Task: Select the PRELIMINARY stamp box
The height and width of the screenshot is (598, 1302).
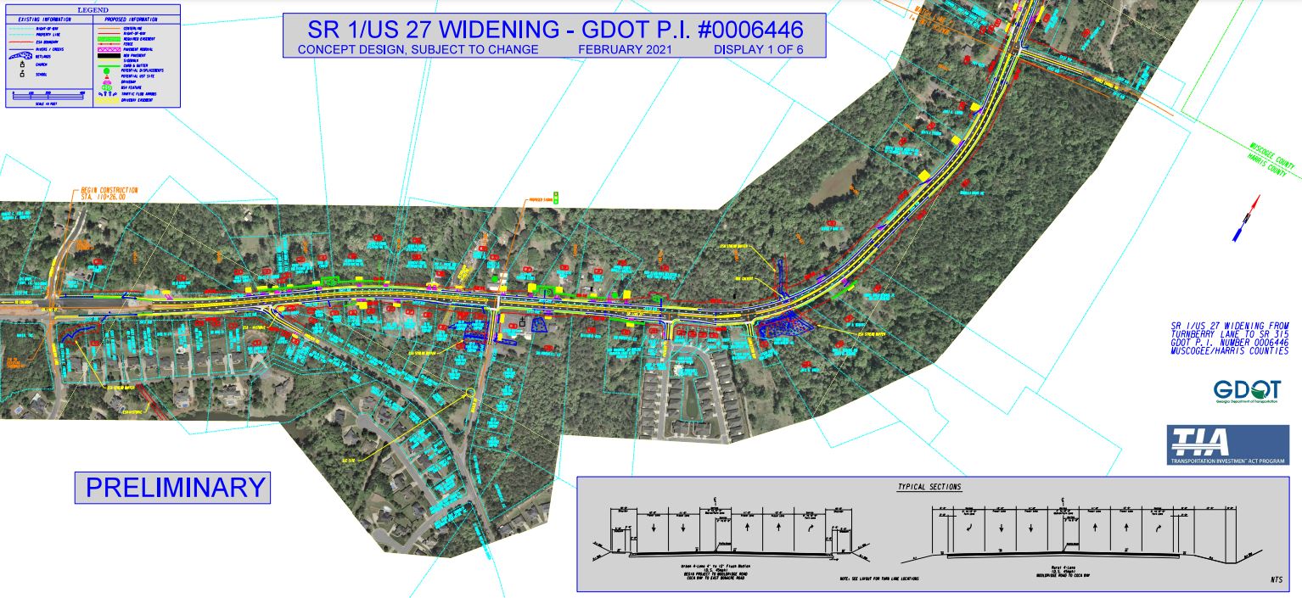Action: pyautogui.click(x=172, y=488)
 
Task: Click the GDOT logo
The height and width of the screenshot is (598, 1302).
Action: pyautogui.click(x=1246, y=391)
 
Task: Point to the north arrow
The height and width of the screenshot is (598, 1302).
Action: pyautogui.click(x=1245, y=218)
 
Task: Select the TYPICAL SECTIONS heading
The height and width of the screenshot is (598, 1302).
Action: pyautogui.click(x=929, y=487)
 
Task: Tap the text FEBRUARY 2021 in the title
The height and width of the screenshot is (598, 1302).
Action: pyautogui.click(x=625, y=50)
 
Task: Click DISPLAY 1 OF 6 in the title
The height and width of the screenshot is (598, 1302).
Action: pyautogui.click(x=758, y=50)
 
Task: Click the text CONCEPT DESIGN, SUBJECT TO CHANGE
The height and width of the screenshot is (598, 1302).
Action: pyautogui.click(x=418, y=50)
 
